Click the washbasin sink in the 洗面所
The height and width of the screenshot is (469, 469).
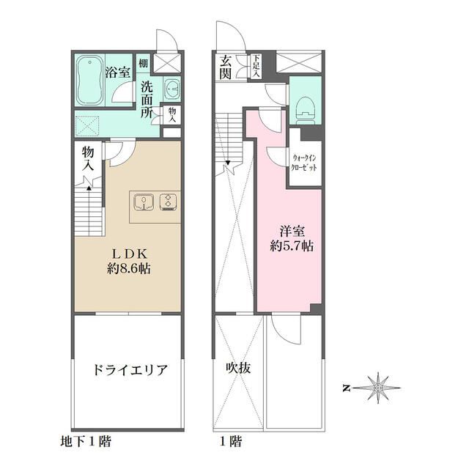pyautogui.click(x=172, y=89)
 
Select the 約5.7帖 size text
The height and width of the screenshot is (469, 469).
pyautogui.click(x=291, y=245)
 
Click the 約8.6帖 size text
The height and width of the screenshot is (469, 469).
pyautogui.click(x=126, y=268)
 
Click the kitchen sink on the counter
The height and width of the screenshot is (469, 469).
pyautogui.click(x=144, y=200)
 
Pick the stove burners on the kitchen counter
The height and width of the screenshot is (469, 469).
pyautogui.click(x=169, y=200)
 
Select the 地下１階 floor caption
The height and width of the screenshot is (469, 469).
pyautogui.click(x=86, y=443)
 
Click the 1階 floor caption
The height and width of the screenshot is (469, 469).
pyautogui.click(x=230, y=443)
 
